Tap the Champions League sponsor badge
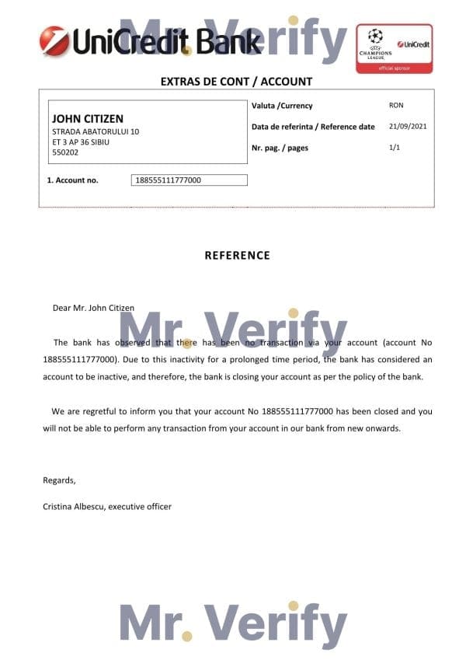[394, 47]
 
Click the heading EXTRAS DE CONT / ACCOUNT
[236, 81]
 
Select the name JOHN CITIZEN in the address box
[87, 119]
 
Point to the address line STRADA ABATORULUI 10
[96, 132]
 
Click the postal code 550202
[65, 153]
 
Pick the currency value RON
[396, 105]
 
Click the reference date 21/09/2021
[407, 126]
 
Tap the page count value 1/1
[395, 147]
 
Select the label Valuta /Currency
[282, 106]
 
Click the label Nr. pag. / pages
[280, 148]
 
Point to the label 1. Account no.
[72, 180]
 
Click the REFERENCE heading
[237, 255]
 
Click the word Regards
[59, 480]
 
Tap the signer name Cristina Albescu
[74, 506]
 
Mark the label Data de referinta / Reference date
[313, 127]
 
